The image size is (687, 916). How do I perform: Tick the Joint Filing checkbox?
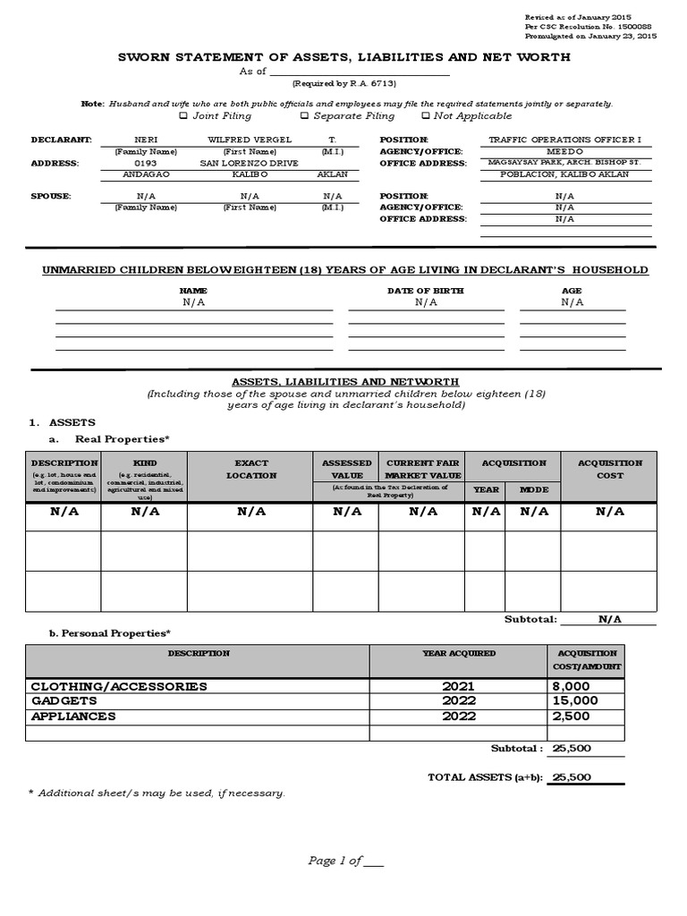pos(183,115)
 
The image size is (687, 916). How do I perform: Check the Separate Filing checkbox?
pos(304,115)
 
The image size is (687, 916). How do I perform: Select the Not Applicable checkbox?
pos(425,115)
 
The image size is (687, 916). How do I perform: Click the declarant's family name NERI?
pos(146,140)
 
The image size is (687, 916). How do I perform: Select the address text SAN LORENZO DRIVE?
pos(238,164)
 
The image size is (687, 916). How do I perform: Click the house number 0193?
pos(146,164)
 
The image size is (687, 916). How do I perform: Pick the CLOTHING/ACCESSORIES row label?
pos(119,686)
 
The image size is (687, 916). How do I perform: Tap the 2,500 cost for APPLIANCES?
pos(572,717)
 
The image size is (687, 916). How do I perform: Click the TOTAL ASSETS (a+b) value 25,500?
pos(572,777)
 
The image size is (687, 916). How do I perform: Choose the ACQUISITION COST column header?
pos(610,470)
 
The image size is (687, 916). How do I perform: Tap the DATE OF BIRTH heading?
pos(426,291)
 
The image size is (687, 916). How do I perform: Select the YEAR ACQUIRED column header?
pos(459,653)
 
